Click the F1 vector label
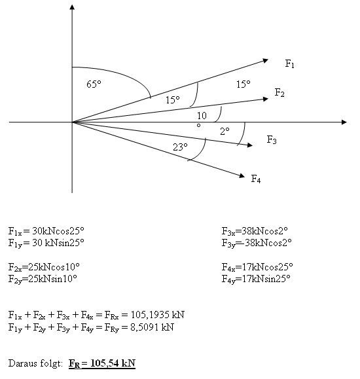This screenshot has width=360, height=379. [x=290, y=63]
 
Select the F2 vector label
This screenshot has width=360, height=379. [x=279, y=92]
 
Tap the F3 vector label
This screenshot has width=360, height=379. [x=272, y=139]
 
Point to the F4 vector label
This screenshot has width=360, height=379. [x=256, y=179]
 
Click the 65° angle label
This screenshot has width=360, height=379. [x=94, y=84]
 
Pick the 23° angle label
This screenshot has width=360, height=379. [x=180, y=147]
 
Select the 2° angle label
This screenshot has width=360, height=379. [x=225, y=132]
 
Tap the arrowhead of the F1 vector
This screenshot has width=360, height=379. [x=266, y=60]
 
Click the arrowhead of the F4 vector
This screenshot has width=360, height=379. [x=242, y=175]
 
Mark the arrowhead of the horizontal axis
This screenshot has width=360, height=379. [x=344, y=122]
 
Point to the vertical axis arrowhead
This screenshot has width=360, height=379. [x=72, y=7]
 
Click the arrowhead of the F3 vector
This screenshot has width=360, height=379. [x=250, y=145]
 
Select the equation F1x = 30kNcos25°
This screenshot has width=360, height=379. [x=46, y=231]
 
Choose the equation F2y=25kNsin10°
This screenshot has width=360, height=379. [x=43, y=279]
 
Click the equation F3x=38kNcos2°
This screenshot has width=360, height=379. [x=255, y=231]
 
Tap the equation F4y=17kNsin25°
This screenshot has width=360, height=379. [x=256, y=279]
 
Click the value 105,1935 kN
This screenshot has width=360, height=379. [x=157, y=315]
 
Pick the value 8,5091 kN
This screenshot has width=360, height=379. [x=152, y=327]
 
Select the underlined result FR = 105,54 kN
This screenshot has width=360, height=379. [x=102, y=363]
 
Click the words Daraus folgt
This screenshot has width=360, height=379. [x=35, y=364]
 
